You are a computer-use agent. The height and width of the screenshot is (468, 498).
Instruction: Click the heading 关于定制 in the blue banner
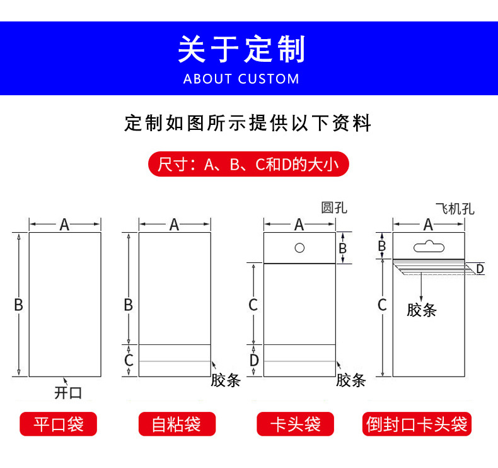241,50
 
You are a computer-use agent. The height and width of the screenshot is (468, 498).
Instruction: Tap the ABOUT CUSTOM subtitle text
241,79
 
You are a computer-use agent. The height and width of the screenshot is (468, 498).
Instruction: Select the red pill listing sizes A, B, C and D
248,165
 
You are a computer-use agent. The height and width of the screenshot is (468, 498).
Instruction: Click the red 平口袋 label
59,424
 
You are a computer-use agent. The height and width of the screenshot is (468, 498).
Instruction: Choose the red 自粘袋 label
177,424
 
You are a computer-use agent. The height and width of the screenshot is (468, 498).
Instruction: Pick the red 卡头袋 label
296,424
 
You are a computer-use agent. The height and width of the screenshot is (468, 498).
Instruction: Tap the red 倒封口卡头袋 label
417,424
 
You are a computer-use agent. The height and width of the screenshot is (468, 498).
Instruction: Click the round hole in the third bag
300,247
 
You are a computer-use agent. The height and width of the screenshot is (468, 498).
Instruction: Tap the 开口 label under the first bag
68,392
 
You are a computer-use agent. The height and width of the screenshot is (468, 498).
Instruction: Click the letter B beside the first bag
19,305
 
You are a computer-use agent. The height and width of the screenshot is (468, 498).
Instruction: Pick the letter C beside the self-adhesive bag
129,361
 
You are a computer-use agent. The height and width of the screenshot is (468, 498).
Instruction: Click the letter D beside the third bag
253,361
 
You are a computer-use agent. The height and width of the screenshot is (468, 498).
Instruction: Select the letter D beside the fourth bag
480,269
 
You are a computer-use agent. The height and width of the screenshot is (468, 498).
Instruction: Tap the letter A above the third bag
299,224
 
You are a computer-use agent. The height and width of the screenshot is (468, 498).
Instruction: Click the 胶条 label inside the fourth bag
421,310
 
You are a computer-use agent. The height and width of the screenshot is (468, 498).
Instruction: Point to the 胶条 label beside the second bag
226,380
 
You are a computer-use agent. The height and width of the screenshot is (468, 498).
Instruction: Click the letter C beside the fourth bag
382,305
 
